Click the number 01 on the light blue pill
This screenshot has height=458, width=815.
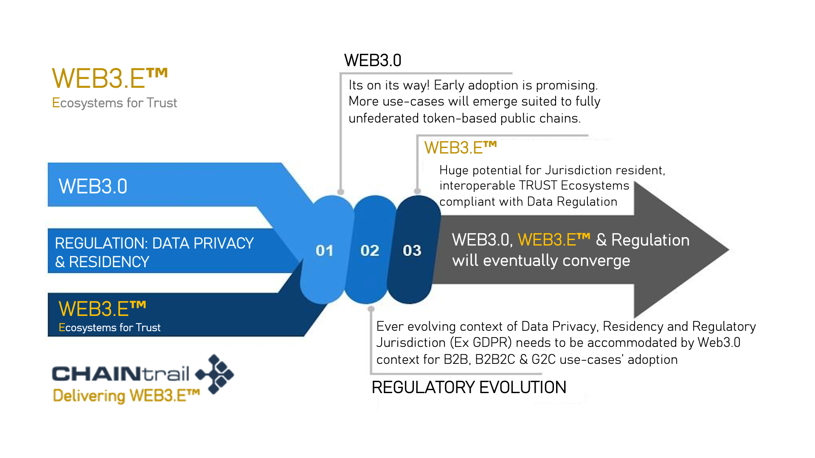pyautogui.click(x=324, y=251)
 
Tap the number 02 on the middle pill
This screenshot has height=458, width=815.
pyautogui.click(x=370, y=251)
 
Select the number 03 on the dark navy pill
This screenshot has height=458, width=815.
pyautogui.click(x=412, y=251)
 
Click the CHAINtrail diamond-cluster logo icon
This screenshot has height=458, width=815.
pyautogui.click(x=215, y=374)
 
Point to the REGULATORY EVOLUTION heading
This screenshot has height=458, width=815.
pyautogui.click(x=469, y=387)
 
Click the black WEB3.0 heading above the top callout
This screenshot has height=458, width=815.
pyautogui.click(x=373, y=60)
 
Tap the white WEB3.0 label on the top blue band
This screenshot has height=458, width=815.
pyautogui.click(x=93, y=186)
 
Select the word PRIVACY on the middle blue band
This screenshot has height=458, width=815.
pyautogui.click(x=224, y=243)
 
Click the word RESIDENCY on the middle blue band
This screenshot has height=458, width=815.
pyautogui.click(x=109, y=262)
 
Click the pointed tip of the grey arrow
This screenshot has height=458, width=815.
pyautogui.click(x=728, y=250)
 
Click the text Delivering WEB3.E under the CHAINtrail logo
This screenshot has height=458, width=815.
pyautogui.click(x=126, y=396)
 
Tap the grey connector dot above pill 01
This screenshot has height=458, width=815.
pyautogui.click(x=340, y=192)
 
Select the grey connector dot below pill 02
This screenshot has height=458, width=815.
pyautogui.click(x=371, y=309)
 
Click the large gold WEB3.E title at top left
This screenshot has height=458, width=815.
pyautogui.click(x=110, y=78)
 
